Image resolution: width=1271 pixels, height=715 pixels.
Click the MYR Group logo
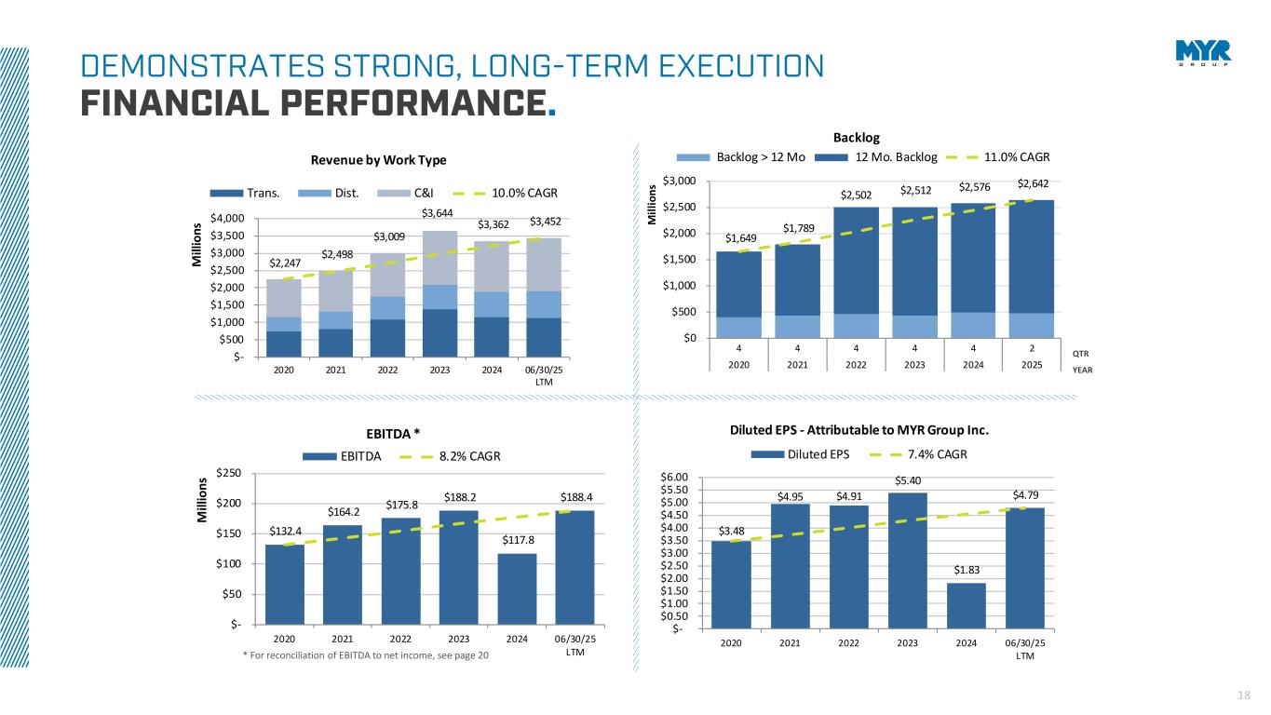point(1203,54)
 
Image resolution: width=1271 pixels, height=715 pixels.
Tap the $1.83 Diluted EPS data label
point(966,569)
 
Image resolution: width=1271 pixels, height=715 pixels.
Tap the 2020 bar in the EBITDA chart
point(284,584)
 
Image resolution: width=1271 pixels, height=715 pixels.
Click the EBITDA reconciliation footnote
point(365,656)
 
